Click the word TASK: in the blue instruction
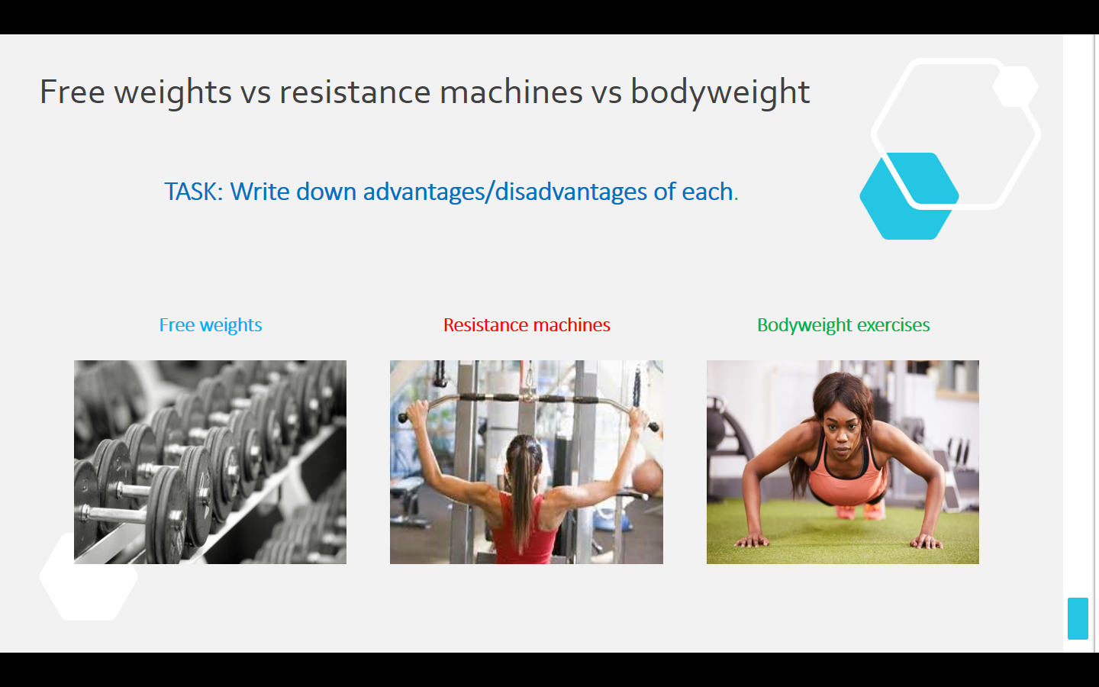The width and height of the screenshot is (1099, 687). (194, 192)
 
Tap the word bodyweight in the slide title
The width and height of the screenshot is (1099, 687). (720, 92)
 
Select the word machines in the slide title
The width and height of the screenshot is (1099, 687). (511, 92)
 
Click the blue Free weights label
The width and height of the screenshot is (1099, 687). (211, 325)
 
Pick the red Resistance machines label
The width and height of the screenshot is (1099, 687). (527, 325)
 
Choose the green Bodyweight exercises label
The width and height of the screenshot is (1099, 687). (843, 325)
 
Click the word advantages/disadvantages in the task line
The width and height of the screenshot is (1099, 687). (505, 192)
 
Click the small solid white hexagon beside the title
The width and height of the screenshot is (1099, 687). (1015, 86)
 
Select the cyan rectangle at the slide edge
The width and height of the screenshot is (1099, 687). (1078, 618)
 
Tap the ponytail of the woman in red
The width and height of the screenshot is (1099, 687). (524, 485)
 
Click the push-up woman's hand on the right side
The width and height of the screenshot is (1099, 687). (926, 541)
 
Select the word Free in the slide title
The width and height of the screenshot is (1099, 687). (72, 92)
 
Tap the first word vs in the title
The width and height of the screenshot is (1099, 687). (255, 93)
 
